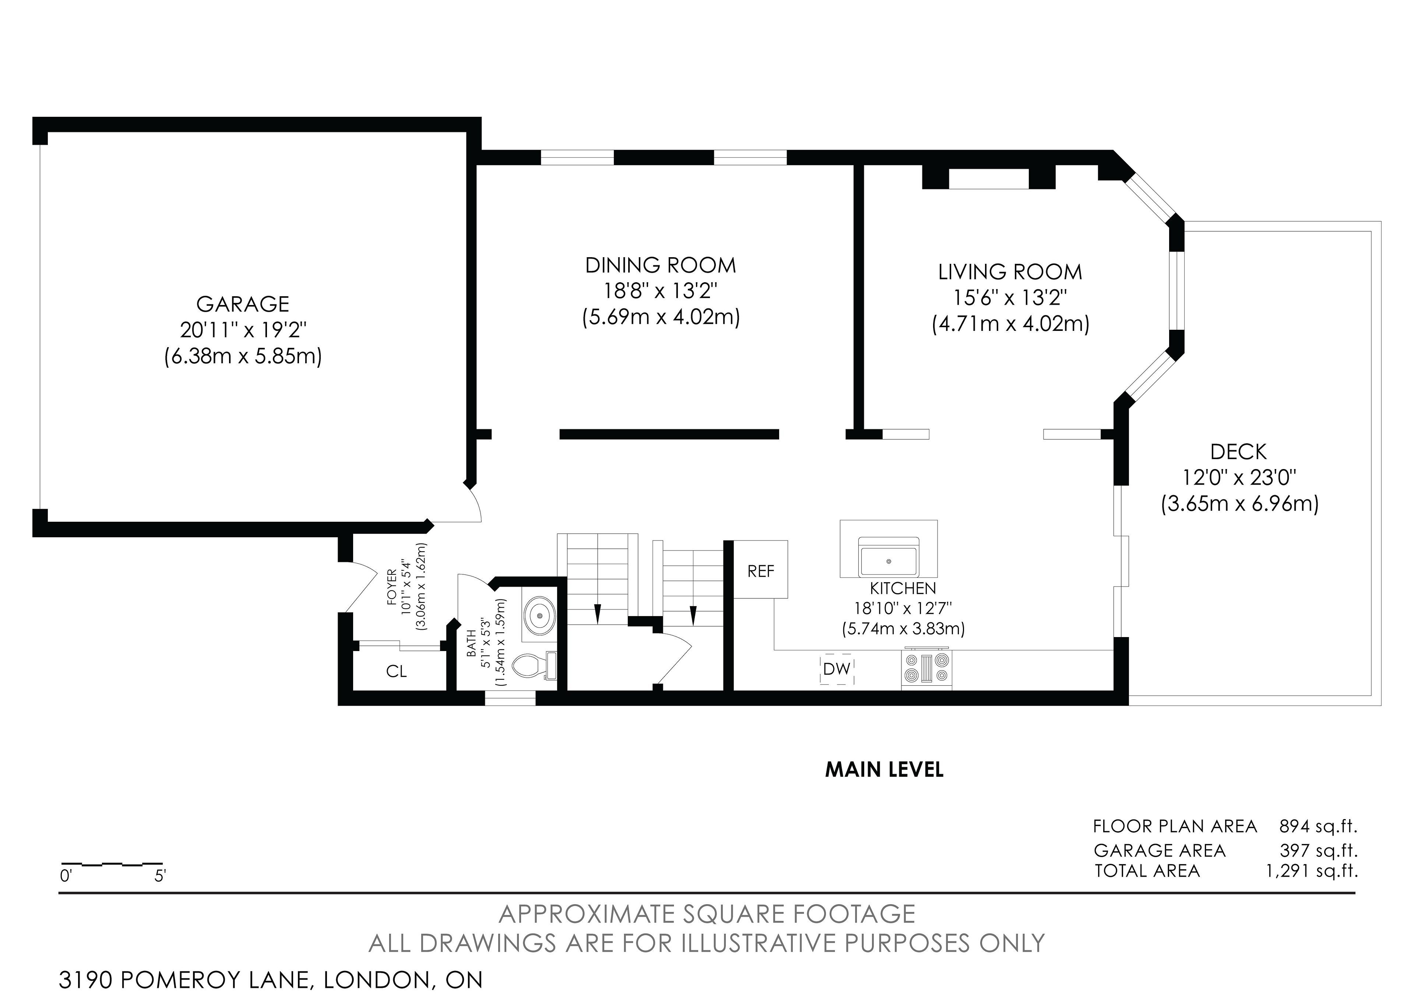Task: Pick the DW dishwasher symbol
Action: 836,669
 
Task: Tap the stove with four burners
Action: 927,669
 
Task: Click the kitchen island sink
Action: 889,557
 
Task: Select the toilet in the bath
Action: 536,665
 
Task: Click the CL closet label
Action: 397,671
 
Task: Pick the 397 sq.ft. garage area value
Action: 1319,851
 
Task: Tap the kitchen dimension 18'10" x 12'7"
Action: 903,608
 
